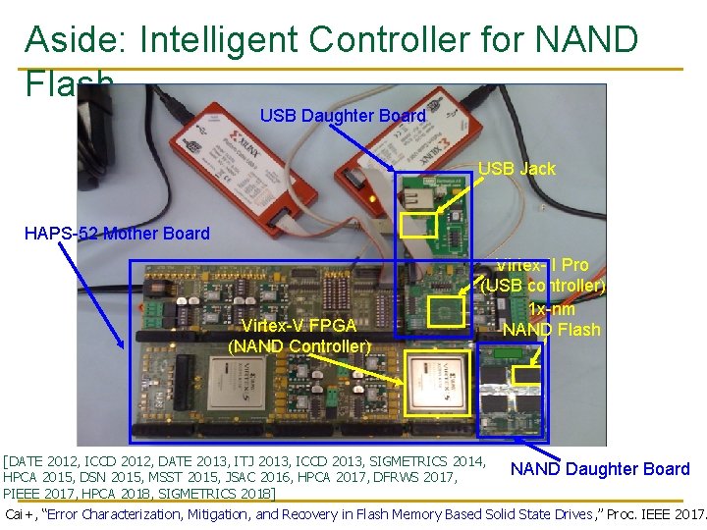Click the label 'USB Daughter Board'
343,116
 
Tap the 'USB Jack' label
517,169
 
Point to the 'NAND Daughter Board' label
600,469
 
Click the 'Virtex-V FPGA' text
299,326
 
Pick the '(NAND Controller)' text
299,345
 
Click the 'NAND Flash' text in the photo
551,330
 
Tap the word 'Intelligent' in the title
222,39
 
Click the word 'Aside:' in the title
77,39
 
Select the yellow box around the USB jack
418,226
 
